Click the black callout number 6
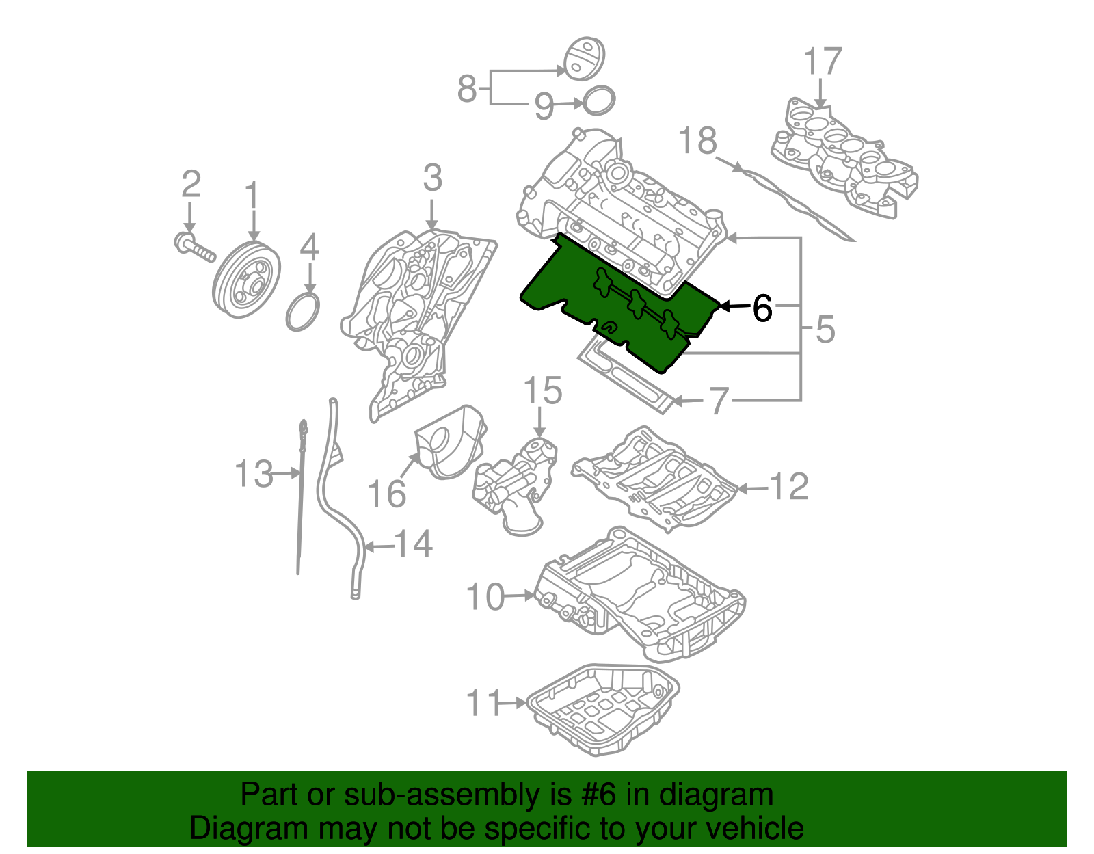(762, 308)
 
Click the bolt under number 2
(194, 248)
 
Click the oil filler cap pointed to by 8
(584, 59)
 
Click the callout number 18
(697, 142)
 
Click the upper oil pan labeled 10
(639, 595)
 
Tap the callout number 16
(386, 493)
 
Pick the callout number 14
(414, 544)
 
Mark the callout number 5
(825, 330)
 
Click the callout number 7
(718, 401)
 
